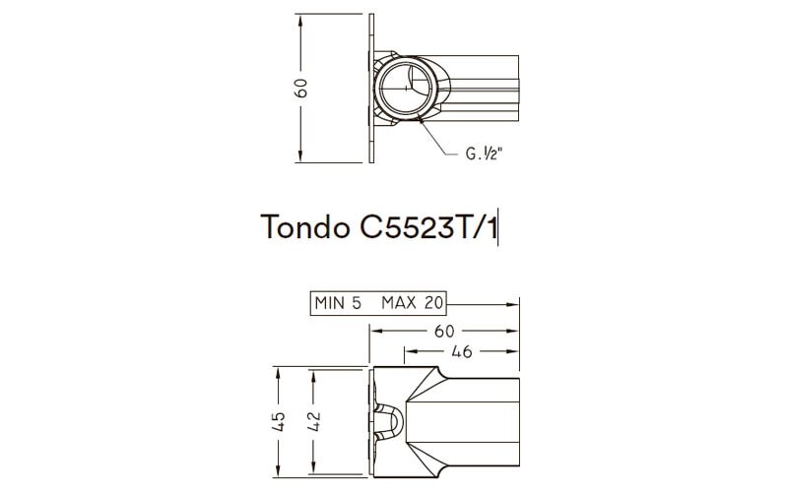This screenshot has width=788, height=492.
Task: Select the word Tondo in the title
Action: click(299, 226)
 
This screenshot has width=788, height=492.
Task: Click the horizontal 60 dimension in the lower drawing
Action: click(445, 331)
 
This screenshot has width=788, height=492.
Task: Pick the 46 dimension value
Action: click(460, 350)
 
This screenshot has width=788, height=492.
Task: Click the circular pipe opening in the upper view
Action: click(403, 88)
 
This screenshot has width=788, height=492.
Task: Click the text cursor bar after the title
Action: click(500, 227)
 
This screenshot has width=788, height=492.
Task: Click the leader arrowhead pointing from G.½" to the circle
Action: click(423, 119)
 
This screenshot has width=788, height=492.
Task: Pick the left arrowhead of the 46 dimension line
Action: click(407, 350)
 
